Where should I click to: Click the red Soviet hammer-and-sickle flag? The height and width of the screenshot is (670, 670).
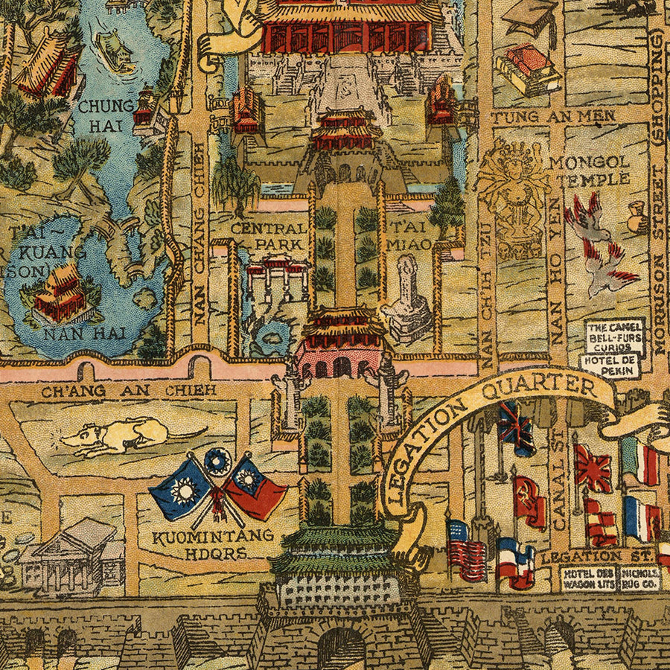click(529, 500)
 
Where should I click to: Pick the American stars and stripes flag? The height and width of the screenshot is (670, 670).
click(466, 549)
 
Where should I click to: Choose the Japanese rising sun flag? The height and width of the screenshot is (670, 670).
click(593, 467)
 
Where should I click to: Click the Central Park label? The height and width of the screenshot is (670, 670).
click(268, 235)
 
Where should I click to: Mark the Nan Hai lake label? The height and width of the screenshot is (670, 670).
click(73, 333)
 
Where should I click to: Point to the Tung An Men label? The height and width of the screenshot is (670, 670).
click(553, 116)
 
